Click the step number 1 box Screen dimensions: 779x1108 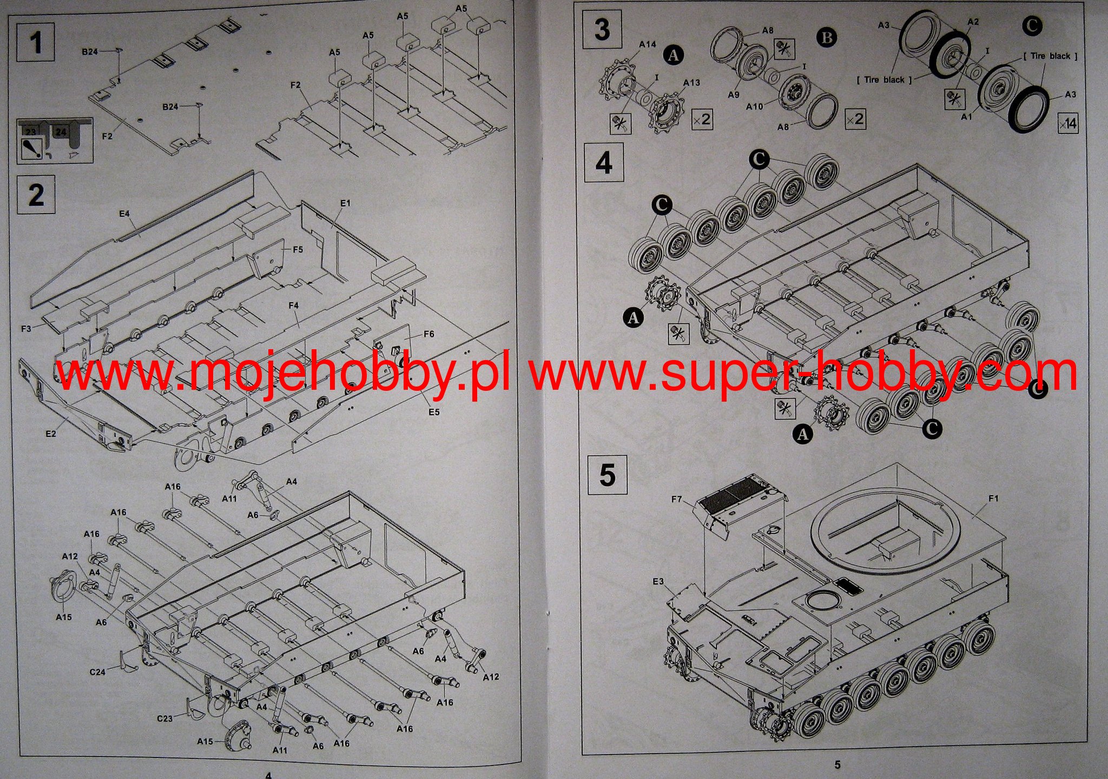(36, 42)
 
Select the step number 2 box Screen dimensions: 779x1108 (36, 195)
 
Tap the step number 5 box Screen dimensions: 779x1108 (607, 475)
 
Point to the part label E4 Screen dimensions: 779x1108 (124, 214)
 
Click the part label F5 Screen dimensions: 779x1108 (298, 250)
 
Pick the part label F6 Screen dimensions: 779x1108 (428, 334)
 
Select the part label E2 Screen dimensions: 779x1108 (50, 434)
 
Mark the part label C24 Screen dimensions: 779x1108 (97, 672)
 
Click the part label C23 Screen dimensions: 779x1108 (165, 718)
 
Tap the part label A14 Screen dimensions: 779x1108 (647, 44)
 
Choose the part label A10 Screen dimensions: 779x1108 (754, 106)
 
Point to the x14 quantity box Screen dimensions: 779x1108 (1067, 124)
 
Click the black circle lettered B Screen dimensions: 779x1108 (826, 38)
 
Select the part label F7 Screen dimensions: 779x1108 (676, 499)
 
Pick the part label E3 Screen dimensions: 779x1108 (658, 582)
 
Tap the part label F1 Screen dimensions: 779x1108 (993, 498)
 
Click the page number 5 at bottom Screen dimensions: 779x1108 (837, 764)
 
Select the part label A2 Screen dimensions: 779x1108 (973, 22)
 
